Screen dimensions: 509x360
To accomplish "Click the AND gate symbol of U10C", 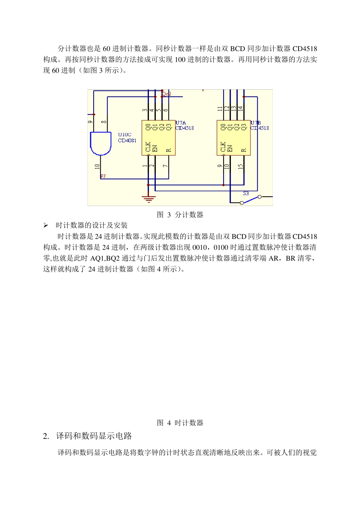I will click(100, 143).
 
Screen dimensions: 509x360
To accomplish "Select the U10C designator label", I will click(125, 134).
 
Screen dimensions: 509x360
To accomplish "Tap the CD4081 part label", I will click(127, 141).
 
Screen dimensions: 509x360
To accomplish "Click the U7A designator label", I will click(181, 123).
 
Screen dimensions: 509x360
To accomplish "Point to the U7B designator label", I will click(256, 123).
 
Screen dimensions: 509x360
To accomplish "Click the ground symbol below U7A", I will click(148, 198).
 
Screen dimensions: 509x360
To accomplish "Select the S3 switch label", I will click(246, 193).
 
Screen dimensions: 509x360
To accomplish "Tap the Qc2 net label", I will click(166, 94).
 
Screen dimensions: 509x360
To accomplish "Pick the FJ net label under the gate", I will click(103, 176).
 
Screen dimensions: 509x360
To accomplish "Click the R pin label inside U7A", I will click(169, 150).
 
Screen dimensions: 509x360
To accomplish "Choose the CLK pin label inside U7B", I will click(223, 147).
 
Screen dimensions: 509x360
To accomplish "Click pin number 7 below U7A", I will click(166, 166).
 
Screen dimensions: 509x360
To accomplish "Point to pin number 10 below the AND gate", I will click(97, 166).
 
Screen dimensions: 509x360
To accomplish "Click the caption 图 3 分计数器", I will click(180, 215).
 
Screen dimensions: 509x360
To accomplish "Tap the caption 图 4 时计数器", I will click(180, 423).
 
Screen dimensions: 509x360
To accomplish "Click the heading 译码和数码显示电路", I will click(94, 436).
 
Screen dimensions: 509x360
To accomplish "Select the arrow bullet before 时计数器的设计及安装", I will click(46, 225).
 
